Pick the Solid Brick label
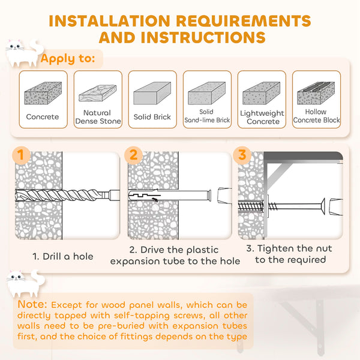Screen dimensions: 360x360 [x=152, y=117]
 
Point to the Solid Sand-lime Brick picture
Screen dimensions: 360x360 [x=206, y=93]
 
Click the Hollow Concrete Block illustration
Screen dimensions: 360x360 [x=316, y=94]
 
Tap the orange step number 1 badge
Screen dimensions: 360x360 [x=21, y=155]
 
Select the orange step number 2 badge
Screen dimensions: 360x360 [x=134, y=155]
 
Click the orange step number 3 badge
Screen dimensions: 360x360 [x=242, y=155]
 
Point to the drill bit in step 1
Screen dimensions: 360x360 [x=60, y=196]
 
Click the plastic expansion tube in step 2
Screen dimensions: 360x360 [x=174, y=196]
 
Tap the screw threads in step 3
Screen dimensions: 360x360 [x=264, y=205]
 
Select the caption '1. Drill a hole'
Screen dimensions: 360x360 [x=63, y=256]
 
